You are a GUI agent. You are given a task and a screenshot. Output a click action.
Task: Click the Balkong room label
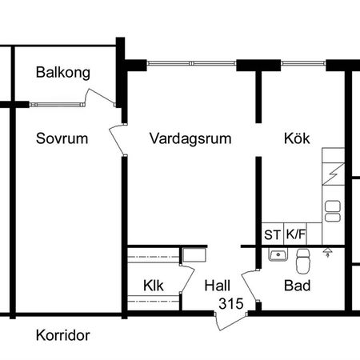tap(62, 73)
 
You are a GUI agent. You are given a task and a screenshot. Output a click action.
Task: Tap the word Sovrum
tap(62, 138)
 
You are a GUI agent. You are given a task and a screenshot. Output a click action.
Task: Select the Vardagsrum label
tap(190, 138)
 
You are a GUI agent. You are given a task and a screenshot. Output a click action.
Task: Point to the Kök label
tap(296, 138)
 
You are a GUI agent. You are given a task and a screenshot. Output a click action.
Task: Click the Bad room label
tap(298, 286)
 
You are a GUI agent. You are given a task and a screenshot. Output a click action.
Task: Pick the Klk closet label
tap(154, 286)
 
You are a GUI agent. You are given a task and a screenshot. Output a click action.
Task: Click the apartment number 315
tap(230, 302)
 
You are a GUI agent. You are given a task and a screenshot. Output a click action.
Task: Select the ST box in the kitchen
tap(273, 234)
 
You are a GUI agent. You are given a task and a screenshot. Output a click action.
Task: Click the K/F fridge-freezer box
tap(296, 234)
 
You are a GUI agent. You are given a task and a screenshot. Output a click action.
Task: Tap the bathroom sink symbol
tap(278, 255)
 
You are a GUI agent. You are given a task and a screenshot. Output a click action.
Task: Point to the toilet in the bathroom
tap(302, 259)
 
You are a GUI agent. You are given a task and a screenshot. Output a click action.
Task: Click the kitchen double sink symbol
tap(332, 210)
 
